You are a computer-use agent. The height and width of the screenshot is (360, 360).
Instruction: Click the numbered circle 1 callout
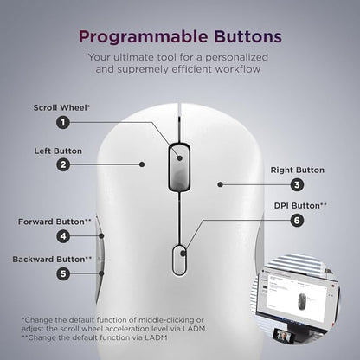tap(62, 122)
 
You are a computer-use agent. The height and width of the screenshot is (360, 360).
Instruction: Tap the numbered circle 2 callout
tap(62, 164)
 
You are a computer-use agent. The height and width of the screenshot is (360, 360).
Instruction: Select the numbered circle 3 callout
tap(297, 184)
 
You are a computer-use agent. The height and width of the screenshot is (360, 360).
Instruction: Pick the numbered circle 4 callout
tap(62, 235)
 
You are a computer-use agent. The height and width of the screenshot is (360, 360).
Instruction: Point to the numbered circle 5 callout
tap(62, 273)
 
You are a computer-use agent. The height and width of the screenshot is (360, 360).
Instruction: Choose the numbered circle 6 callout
tap(297, 221)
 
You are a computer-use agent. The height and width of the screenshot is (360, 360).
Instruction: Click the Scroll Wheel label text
tap(61, 108)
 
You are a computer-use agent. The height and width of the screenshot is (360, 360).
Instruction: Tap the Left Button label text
tap(58, 151)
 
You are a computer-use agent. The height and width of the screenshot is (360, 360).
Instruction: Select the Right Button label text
tap(297, 170)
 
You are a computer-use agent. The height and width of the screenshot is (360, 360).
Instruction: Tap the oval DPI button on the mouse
tap(179, 259)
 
